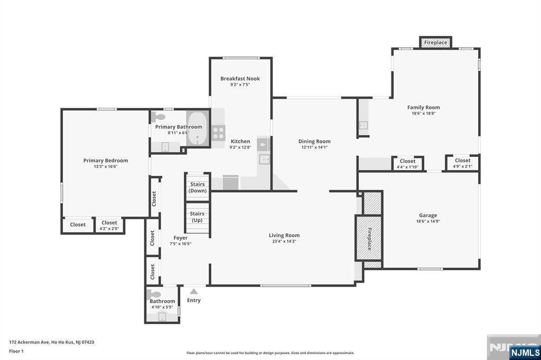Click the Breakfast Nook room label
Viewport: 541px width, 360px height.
[240, 79]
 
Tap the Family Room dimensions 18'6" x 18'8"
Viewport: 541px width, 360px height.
[423, 113]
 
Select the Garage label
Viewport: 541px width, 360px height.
[428, 215]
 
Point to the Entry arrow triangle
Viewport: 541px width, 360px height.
[194, 291]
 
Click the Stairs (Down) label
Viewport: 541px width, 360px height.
[198, 187]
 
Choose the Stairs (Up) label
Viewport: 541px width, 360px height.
[197, 217]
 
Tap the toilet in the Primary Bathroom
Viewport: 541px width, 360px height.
[157, 117]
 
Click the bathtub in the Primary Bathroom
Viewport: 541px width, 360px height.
[198, 128]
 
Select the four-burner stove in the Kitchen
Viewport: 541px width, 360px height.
[218, 133]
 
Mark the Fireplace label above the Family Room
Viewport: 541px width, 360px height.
[435, 42]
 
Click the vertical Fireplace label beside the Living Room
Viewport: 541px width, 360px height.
[369, 239]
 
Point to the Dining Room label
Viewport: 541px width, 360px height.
[314, 141]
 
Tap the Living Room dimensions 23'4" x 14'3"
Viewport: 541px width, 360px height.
[284, 241]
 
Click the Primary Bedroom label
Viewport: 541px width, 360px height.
[106, 160]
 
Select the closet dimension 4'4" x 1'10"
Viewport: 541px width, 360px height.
[407, 167]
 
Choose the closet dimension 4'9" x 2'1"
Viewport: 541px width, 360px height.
[462, 167]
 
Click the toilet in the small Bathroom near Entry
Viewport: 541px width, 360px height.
[154, 295]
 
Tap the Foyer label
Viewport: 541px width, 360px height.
[181, 238]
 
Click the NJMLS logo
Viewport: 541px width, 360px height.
[525, 352]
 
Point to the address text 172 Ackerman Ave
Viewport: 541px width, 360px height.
[30, 342]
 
